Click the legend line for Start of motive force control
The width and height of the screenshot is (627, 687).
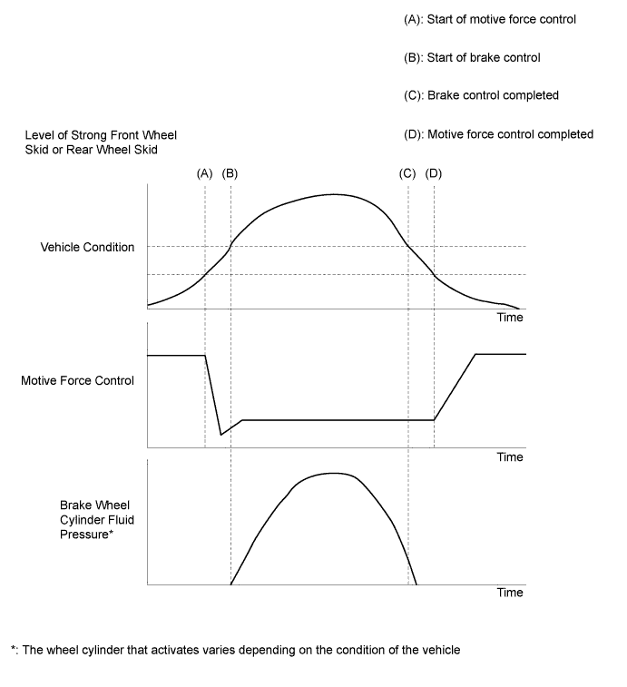click(x=489, y=19)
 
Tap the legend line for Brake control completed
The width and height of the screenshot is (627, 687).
click(x=481, y=95)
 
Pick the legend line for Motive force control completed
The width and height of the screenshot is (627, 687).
click(x=498, y=134)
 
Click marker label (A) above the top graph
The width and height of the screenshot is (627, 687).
click(x=204, y=172)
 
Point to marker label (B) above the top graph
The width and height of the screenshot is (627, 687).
click(x=230, y=172)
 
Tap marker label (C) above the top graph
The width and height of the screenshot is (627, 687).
click(x=407, y=172)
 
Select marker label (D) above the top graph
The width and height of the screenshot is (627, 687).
click(x=434, y=172)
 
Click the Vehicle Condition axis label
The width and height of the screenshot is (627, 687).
click(x=87, y=247)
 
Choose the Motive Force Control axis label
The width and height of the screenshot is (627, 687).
click(x=77, y=380)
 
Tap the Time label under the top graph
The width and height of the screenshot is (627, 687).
click(x=510, y=318)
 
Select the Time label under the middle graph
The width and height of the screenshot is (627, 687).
click(x=510, y=457)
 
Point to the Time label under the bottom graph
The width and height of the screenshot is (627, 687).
click(x=510, y=593)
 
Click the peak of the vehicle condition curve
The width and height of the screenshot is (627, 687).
click(x=335, y=194)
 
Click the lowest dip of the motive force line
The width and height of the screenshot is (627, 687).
click(x=220, y=435)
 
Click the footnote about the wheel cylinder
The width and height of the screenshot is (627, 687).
click(x=236, y=650)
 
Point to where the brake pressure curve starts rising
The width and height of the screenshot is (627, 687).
click(x=231, y=584)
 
